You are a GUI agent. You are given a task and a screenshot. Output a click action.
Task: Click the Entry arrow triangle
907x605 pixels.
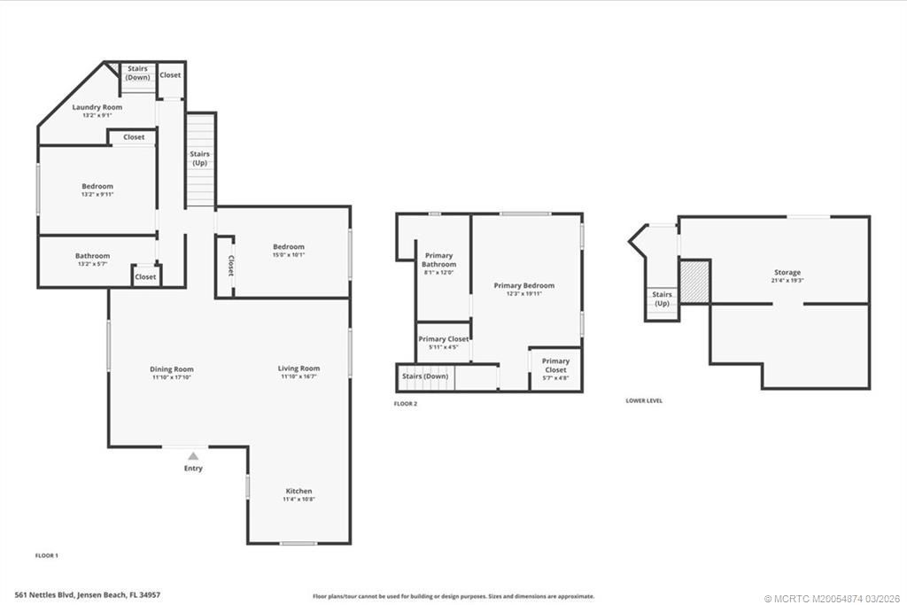(193, 455)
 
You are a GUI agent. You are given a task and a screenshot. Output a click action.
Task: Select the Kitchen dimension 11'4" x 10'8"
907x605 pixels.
(298, 500)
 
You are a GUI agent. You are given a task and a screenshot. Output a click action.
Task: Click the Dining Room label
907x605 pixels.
(171, 369)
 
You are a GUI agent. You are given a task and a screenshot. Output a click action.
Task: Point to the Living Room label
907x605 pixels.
(298, 368)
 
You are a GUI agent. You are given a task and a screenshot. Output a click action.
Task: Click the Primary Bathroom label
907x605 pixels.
(438, 260)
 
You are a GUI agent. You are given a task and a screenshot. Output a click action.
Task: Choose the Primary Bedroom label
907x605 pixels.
(523, 285)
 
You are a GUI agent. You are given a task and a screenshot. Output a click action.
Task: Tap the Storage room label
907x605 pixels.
(787, 273)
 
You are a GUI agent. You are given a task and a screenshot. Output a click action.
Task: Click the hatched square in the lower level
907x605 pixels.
(695, 281)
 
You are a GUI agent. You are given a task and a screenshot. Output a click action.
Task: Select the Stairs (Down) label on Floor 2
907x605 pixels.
(425, 376)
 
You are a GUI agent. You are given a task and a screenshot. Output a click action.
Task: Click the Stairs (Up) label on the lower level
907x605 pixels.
(662, 299)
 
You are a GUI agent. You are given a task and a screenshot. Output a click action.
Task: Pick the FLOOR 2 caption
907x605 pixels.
(406, 403)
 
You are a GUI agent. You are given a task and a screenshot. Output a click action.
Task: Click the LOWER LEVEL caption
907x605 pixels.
(644, 400)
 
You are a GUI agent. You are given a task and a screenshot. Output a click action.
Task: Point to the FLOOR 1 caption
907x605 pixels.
(46, 555)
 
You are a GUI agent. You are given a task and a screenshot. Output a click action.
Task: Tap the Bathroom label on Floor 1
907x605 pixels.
(93, 256)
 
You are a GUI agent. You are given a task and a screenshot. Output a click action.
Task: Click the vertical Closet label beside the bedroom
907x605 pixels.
(230, 266)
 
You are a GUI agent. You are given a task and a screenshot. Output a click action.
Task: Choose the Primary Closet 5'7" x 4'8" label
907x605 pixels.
(555, 365)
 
